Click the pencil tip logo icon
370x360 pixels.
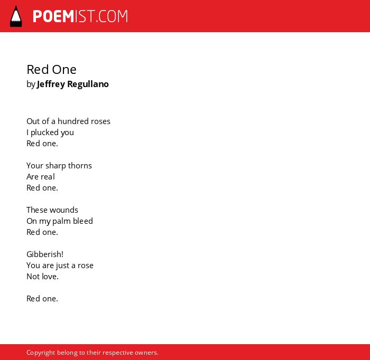16,16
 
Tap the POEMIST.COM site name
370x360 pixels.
80,16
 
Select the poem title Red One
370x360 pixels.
51,70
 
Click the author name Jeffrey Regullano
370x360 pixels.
73,84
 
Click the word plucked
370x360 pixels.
45,132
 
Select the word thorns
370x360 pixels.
80,166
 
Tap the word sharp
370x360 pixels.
55,166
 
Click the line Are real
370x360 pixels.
41,177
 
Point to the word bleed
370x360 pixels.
83,221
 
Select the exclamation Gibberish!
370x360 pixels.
45,254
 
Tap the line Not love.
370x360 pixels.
42,277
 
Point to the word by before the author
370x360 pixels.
31,84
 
